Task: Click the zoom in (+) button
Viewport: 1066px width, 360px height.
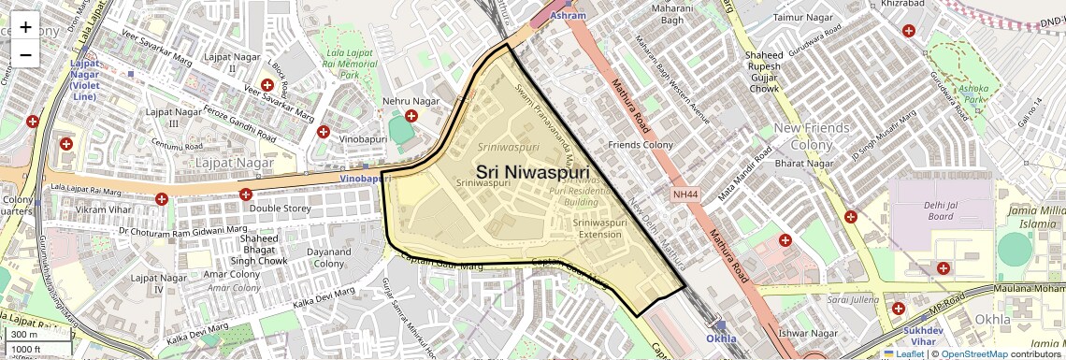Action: (x=25, y=27)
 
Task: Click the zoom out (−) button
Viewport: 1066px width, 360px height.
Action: (x=25, y=54)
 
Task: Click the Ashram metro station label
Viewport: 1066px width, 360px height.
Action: (x=569, y=16)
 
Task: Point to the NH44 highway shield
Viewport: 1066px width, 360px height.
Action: (x=684, y=194)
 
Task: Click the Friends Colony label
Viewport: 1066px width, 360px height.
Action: (x=641, y=145)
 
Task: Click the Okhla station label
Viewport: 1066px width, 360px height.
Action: (x=721, y=338)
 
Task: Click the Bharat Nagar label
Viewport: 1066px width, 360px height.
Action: (x=810, y=164)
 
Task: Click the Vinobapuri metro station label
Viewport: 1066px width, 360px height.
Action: (x=363, y=178)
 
